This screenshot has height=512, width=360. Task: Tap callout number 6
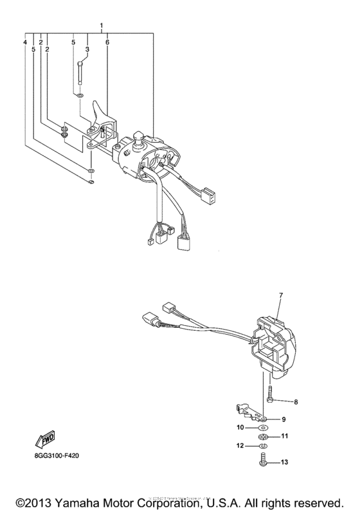[x=107, y=42]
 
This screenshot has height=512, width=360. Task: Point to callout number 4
[x=26, y=42]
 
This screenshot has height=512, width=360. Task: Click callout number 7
[x=280, y=295]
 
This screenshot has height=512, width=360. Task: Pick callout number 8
[x=296, y=402]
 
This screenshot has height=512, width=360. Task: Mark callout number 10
[x=239, y=427]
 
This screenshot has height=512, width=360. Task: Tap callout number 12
[x=239, y=446]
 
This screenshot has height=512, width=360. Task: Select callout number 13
[x=283, y=461]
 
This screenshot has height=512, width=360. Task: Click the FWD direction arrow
[x=48, y=441]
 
